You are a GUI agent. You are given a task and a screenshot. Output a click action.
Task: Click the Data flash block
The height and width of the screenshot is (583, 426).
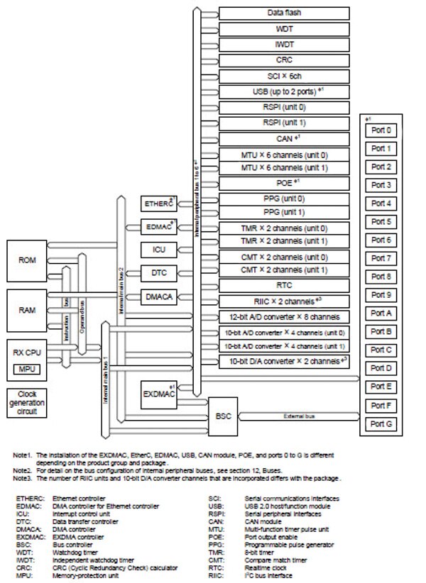283,13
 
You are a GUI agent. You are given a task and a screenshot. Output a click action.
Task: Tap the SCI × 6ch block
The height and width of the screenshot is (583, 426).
283,77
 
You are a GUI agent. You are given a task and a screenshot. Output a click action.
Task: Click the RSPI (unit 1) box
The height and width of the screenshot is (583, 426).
283,122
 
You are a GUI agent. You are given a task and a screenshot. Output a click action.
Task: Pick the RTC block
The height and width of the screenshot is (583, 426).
283,284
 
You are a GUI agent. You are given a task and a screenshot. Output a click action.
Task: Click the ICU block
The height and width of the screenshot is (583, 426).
158,250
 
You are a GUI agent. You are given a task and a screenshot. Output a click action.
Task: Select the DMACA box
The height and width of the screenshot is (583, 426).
158,296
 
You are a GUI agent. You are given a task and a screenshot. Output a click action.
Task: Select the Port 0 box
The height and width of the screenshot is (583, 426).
382,131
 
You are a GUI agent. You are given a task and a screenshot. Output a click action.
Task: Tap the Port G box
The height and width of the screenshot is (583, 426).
382,423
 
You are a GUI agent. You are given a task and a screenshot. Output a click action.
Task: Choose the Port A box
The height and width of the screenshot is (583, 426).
382,313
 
